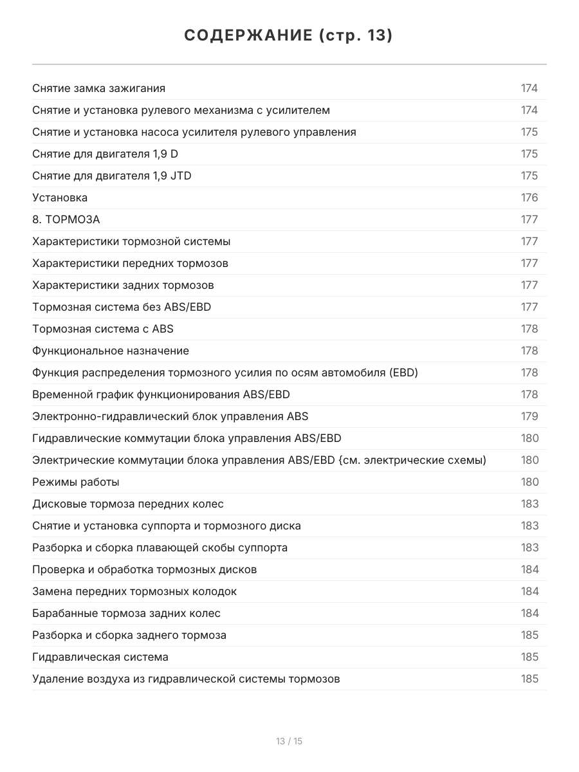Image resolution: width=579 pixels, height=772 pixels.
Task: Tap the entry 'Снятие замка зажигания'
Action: click(98, 88)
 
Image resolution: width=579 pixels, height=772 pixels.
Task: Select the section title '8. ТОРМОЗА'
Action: click(66, 219)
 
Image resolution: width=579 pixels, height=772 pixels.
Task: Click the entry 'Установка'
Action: click(60, 198)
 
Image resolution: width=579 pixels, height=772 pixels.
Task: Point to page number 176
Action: click(529, 198)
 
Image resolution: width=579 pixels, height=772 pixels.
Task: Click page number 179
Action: click(529, 416)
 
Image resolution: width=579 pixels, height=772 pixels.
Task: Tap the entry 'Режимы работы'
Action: click(75, 482)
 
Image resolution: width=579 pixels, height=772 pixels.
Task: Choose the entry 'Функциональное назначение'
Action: click(111, 351)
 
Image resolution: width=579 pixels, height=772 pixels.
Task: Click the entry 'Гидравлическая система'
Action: click(100, 657)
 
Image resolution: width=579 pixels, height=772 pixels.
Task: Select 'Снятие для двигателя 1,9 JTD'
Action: click(112, 176)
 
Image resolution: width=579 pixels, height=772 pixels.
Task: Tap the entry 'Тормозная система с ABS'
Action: click(103, 329)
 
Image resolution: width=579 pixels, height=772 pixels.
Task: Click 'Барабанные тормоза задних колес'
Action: click(126, 613)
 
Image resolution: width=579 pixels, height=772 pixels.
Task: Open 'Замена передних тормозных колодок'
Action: click(134, 591)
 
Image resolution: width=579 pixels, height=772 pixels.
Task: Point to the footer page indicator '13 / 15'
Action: click(289, 741)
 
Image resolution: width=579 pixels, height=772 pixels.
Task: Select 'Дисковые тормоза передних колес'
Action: click(128, 504)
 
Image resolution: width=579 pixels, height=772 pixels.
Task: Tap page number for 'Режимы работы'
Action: click(529, 482)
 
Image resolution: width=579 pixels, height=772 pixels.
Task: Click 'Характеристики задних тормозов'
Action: click(123, 285)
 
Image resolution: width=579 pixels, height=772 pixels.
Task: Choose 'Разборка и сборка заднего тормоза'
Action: click(129, 635)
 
